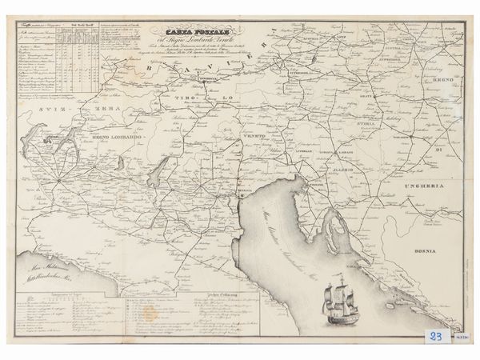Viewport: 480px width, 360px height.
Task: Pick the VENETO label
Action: point(254,138)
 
